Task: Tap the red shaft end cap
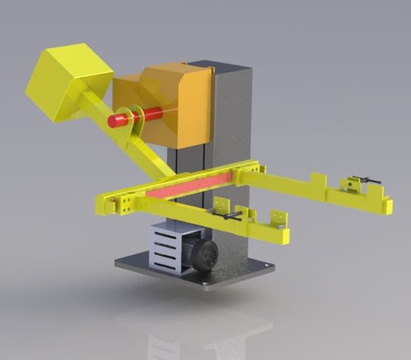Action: [113, 120]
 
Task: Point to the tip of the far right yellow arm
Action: [386, 205]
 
